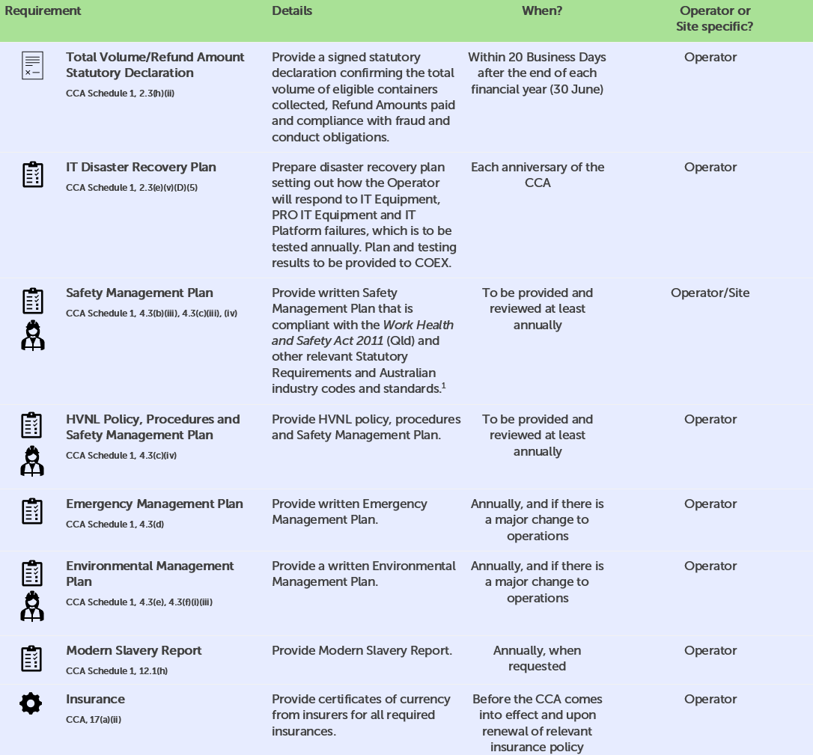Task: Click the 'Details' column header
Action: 292,11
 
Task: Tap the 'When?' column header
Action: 542,11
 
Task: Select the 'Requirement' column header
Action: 43,11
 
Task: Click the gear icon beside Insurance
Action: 31,703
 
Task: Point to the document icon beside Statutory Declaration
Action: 32,65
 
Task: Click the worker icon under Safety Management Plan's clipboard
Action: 33,336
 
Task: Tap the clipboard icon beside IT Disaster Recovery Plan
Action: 32,174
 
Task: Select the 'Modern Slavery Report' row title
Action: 133,650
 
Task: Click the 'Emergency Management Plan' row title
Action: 154,504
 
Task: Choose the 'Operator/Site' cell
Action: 710,293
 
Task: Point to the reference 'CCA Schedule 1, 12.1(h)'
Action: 117,671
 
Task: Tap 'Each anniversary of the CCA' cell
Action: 538,175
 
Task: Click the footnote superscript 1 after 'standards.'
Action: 444,385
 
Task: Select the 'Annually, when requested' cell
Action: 538,658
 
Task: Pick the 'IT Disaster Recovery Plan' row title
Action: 141,167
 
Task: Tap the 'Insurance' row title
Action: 95,699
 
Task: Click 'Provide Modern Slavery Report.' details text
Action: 362,650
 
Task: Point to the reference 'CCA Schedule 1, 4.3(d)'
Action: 115,525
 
